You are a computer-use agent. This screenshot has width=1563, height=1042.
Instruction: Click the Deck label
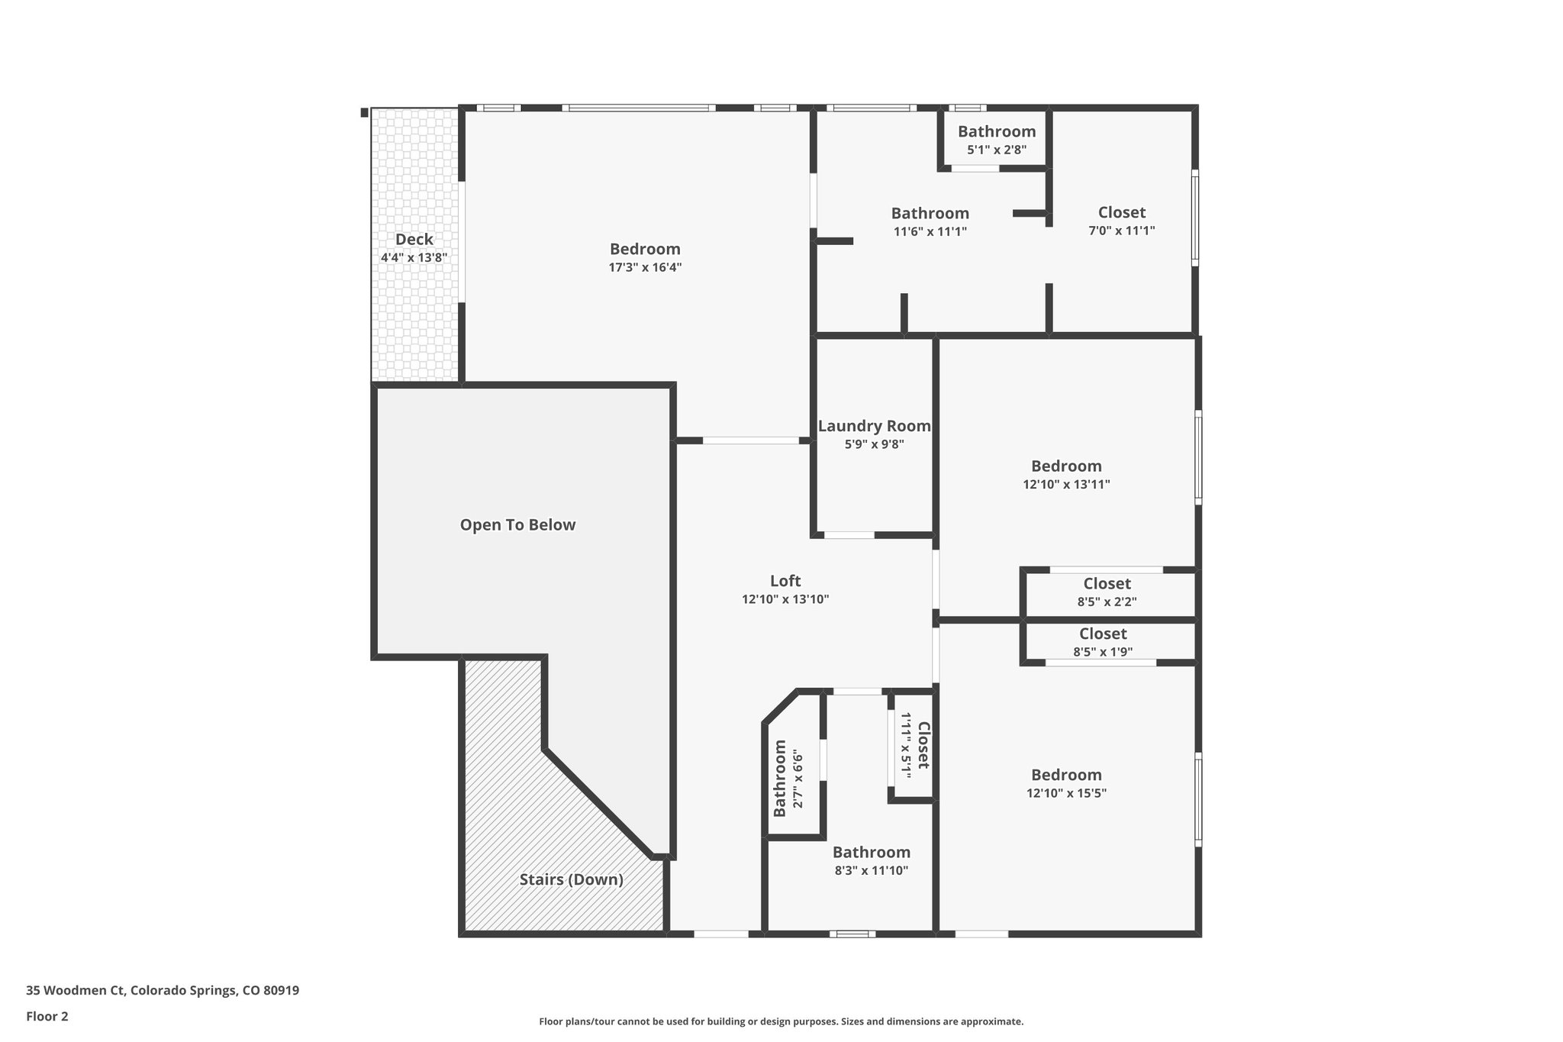click(x=414, y=240)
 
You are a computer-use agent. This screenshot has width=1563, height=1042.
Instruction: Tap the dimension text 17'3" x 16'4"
click(x=645, y=267)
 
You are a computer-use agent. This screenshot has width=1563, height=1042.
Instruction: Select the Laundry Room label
click(x=874, y=426)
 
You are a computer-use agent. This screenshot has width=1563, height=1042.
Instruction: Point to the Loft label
click(x=785, y=581)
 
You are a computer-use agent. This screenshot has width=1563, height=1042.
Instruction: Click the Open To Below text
click(x=517, y=525)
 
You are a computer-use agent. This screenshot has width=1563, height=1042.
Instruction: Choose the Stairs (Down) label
click(x=572, y=879)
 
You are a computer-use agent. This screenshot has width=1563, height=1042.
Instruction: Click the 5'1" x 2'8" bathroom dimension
click(x=997, y=150)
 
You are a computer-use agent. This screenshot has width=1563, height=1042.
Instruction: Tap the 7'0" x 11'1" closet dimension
click(x=1121, y=231)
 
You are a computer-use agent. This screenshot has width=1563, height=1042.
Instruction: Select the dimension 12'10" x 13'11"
click(x=1066, y=484)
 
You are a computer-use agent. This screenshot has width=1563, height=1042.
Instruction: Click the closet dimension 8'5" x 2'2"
click(x=1107, y=602)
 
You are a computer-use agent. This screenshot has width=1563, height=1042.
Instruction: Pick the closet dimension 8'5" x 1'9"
click(x=1103, y=652)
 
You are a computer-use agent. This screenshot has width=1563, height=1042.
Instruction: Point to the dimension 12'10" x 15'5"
click(x=1066, y=793)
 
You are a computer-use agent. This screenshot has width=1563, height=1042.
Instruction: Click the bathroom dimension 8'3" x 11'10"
click(x=871, y=870)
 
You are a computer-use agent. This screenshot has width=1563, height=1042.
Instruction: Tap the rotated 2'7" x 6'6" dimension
click(x=798, y=779)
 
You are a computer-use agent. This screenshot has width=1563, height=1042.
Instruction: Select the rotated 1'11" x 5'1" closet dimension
click(x=906, y=744)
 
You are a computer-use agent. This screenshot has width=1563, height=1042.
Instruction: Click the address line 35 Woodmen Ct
click(x=163, y=990)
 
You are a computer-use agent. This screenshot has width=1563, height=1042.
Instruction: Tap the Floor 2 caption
click(x=47, y=1016)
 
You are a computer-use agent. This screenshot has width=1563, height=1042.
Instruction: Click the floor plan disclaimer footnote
click(x=781, y=1021)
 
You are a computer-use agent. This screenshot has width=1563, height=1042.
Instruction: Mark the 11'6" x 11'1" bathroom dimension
click(x=930, y=231)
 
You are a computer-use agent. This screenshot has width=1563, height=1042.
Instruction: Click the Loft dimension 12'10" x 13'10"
click(x=785, y=600)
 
